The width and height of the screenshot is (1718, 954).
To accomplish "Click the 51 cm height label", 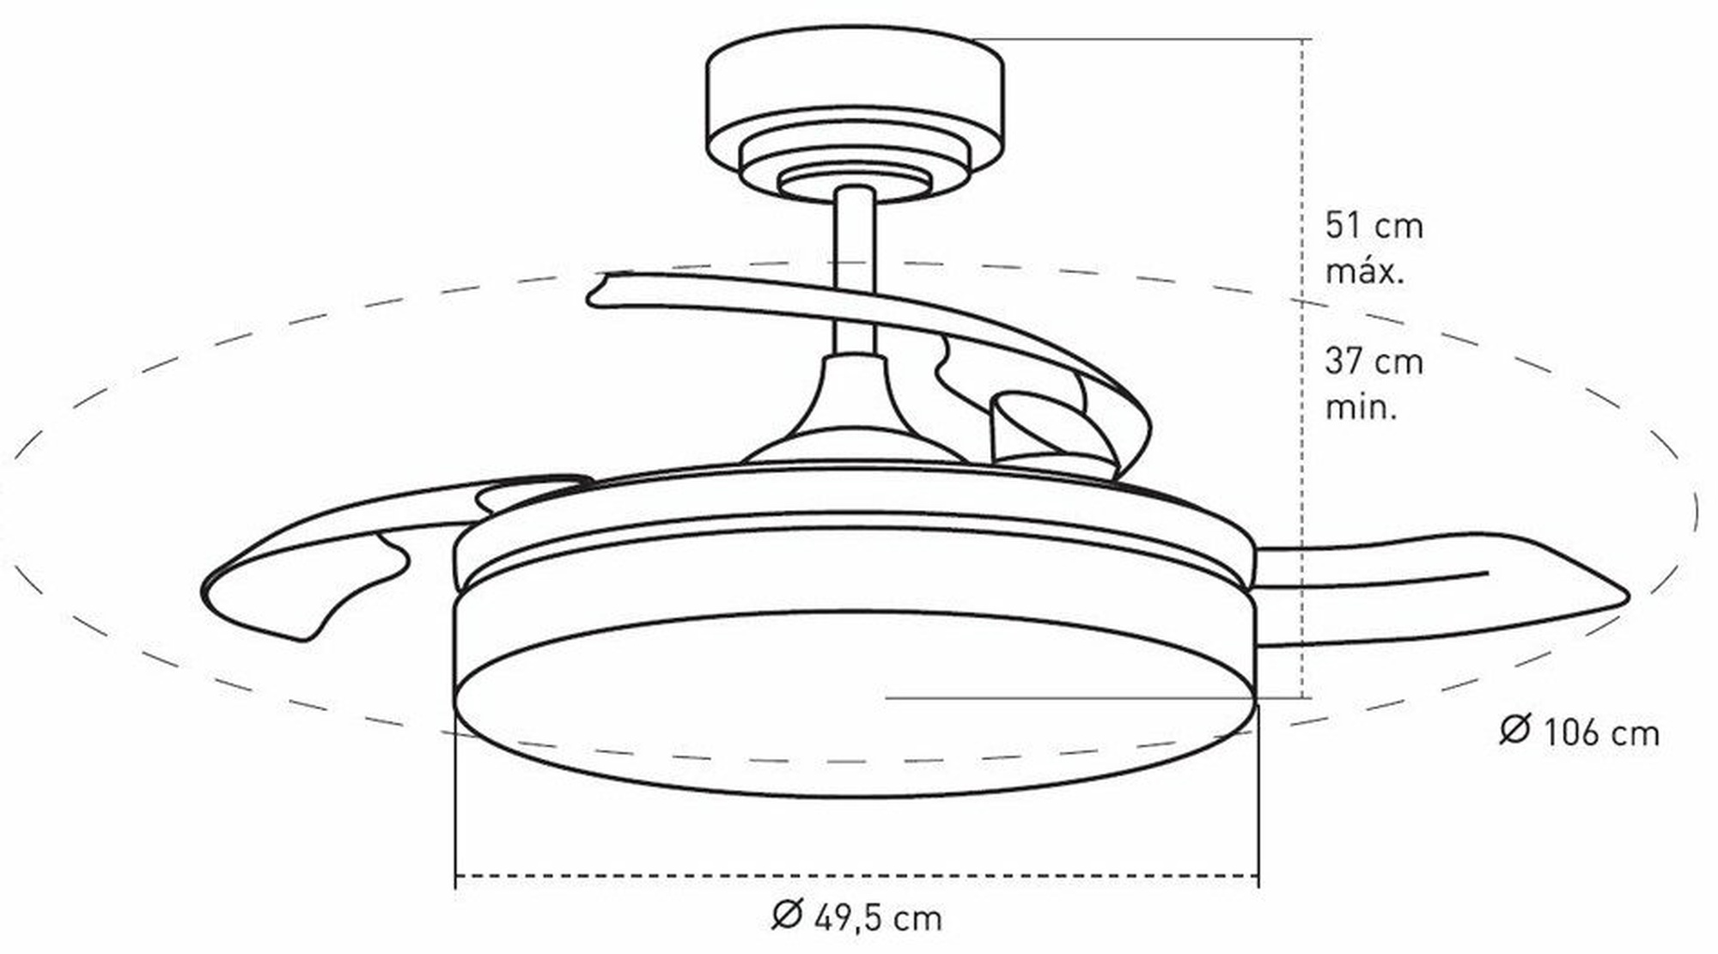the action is click(x=1374, y=226).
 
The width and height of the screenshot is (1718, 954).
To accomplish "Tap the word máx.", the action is click(x=1365, y=271).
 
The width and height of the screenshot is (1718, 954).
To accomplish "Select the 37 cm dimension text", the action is click(x=1374, y=362).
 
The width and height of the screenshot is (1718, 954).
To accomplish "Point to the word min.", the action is click(x=1362, y=406).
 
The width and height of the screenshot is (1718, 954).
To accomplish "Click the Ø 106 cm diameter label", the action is click(x=1580, y=732).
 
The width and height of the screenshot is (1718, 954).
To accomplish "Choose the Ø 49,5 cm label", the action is click(x=856, y=916).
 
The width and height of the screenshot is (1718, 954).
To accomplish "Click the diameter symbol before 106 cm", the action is click(x=1515, y=731).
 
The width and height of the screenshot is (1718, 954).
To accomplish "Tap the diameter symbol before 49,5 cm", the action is click(x=787, y=915).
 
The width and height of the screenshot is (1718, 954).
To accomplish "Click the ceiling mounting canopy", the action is click(x=856, y=112).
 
